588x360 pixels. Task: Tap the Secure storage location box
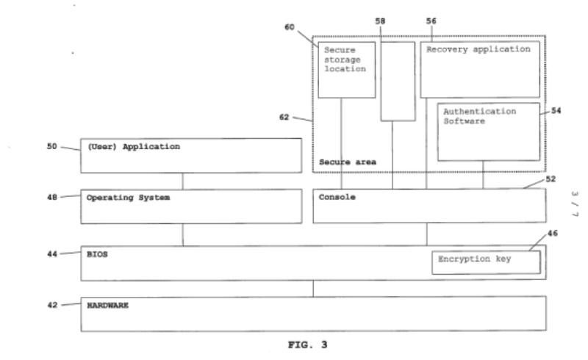click(x=346, y=70)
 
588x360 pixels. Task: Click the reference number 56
click(x=431, y=21)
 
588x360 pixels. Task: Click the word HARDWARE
click(x=107, y=305)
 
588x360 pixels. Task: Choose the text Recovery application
click(x=478, y=49)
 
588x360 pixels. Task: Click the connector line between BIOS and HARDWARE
click(x=314, y=288)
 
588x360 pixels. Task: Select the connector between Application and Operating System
click(x=182, y=181)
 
